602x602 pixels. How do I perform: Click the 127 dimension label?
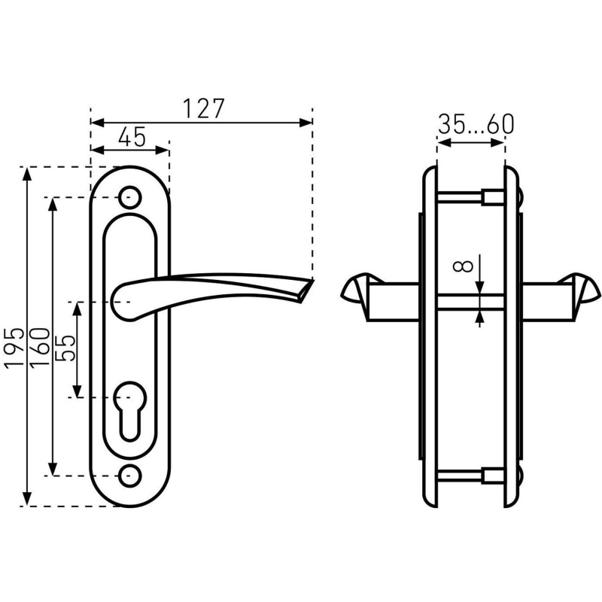pos(203,109)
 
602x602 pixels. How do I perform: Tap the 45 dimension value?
pos(132,137)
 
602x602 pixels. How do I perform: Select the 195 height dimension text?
pos(14,348)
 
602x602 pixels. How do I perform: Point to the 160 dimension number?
pos(40,348)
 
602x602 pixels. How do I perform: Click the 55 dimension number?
pos(65,348)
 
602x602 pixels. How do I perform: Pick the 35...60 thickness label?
pos(476,124)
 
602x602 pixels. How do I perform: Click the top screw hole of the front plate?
pos(129,197)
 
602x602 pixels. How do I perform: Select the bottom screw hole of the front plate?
pos(129,476)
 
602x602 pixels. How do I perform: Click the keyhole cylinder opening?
pos(129,410)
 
